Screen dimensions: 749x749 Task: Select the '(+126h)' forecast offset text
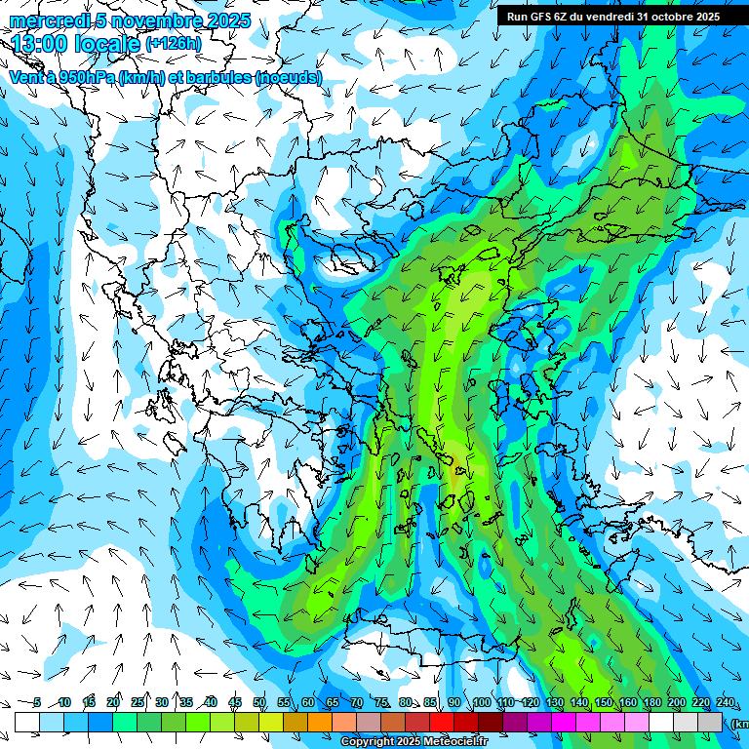coord(174,44)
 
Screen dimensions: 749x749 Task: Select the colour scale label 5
coord(37,703)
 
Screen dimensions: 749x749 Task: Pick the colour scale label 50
coord(259,703)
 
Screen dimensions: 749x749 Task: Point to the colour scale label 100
coord(481,703)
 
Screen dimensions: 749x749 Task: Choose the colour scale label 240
coord(725,703)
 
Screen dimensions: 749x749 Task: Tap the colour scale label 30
coord(162,703)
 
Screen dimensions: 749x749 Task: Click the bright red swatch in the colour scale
coord(443,722)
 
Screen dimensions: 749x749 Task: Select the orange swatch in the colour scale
coord(320,722)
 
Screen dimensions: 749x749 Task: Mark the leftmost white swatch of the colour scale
coord(27,722)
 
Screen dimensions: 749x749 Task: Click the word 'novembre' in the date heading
coord(148,20)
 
